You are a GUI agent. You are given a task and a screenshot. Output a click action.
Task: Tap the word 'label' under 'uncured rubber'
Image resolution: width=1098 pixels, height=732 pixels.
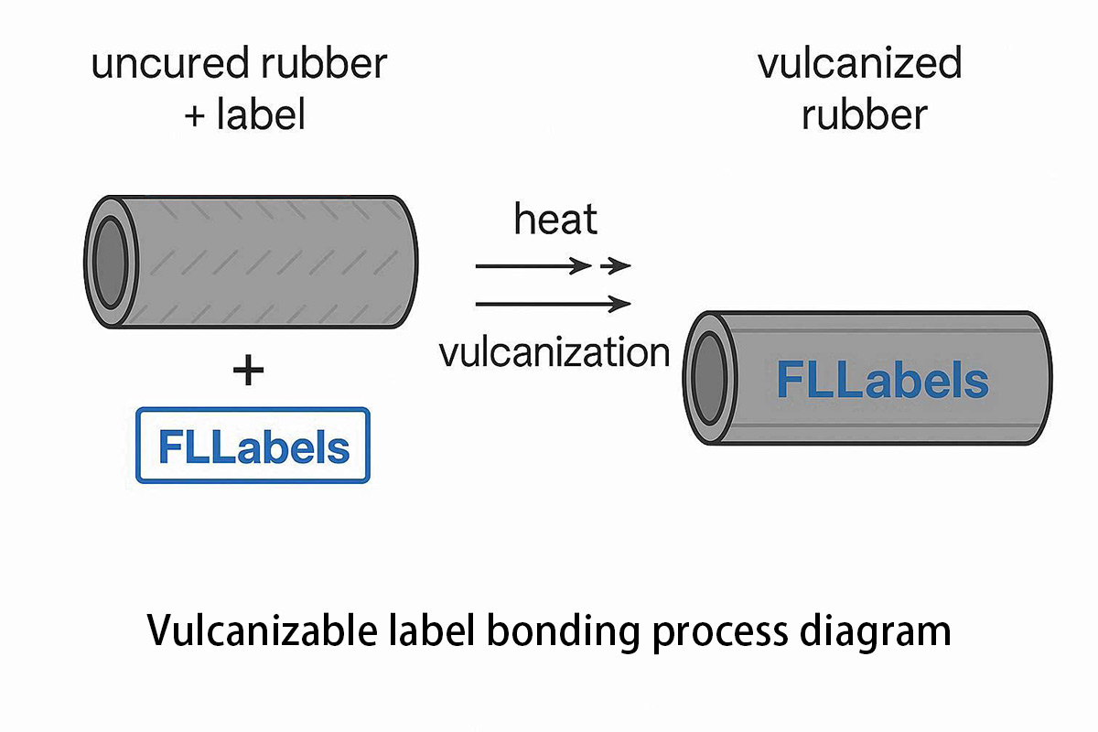(x=261, y=116)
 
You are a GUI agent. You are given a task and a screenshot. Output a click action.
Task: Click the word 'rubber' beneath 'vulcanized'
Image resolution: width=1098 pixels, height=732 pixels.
(x=864, y=115)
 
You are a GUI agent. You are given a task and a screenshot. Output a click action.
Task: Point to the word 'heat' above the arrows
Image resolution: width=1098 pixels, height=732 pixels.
(x=555, y=221)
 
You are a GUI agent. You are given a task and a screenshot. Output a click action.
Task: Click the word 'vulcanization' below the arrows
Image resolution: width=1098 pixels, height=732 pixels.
(x=554, y=352)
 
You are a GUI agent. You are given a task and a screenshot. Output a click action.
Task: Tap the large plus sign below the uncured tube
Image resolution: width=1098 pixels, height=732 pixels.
(x=248, y=371)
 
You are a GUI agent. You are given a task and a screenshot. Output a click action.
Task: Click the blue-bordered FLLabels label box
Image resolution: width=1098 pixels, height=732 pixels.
(x=253, y=446)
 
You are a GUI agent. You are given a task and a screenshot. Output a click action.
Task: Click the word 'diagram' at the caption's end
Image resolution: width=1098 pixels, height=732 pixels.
(x=878, y=631)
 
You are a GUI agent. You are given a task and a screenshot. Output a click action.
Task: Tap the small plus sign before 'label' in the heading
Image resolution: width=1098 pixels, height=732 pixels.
(x=195, y=117)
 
